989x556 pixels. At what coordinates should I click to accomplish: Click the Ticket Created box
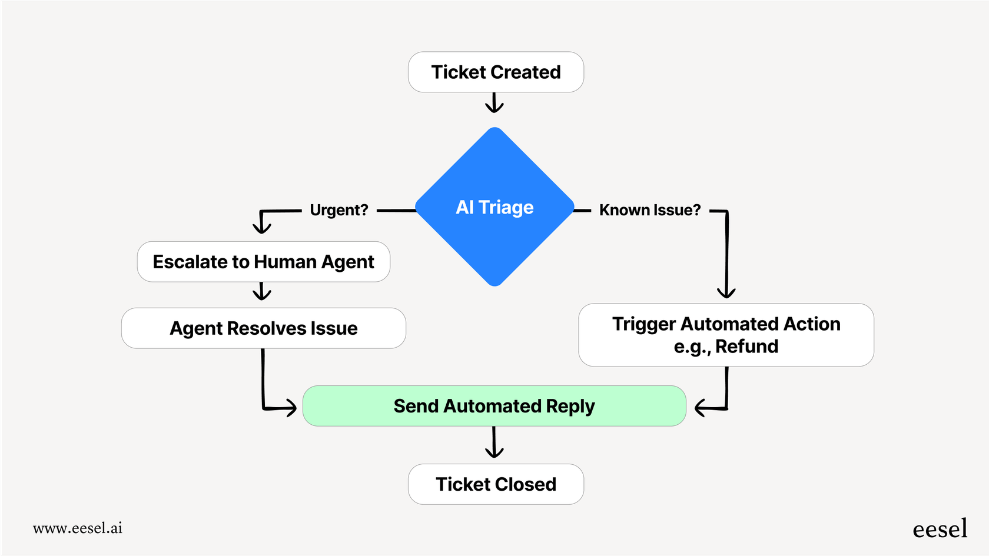pos(496,72)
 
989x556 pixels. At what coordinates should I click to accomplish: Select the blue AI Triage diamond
pos(494,207)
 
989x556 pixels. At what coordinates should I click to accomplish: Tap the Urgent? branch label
pos(338,210)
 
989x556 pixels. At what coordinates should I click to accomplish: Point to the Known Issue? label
pos(650,210)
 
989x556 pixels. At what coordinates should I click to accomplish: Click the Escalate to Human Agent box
pos(263,262)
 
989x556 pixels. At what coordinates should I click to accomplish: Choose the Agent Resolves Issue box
pos(263,328)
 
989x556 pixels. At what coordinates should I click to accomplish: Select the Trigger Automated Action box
pos(726,335)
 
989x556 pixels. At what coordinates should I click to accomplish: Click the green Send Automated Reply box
pos(494,406)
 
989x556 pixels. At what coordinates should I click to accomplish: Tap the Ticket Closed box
pos(496,484)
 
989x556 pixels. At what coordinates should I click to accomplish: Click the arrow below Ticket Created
pos(494,103)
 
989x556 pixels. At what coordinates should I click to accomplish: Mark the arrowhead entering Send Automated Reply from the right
pos(701,408)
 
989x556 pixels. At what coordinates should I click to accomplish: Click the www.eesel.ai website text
pos(78,528)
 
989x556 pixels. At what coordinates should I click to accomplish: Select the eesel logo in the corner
pos(940,529)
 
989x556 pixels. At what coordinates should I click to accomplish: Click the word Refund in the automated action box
pos(746,347)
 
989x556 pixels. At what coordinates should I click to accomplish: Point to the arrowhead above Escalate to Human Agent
pos(261,227)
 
